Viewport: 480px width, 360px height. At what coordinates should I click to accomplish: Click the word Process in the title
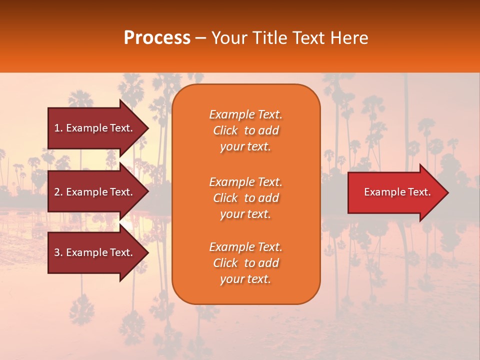[157, 38]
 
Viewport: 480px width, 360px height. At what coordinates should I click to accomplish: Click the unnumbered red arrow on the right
[395, 192]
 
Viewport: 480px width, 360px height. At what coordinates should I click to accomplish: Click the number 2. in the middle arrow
[58, 192]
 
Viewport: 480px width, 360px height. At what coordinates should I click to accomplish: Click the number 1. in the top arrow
[58, 128]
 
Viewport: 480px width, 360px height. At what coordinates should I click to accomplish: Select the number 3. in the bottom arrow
[58, 252]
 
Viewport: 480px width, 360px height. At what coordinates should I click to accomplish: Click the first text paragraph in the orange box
[245, 130]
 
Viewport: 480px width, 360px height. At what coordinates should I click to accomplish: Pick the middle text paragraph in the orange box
[245, 198]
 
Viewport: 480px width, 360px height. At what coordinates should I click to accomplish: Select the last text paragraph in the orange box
[245, 263]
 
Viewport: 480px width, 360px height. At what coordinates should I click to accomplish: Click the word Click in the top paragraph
[225, 130]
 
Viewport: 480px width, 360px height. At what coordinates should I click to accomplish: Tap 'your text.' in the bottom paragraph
[245, 279]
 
